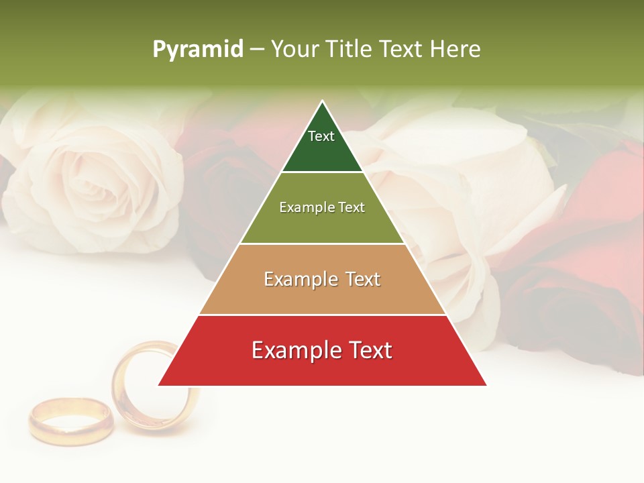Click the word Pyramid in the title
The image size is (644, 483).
point(198,50)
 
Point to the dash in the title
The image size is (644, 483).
point(257,50)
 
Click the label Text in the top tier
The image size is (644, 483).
point(321,136)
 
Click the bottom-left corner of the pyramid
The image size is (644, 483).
point(159,385)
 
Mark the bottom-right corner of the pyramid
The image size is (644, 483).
point(486,385)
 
